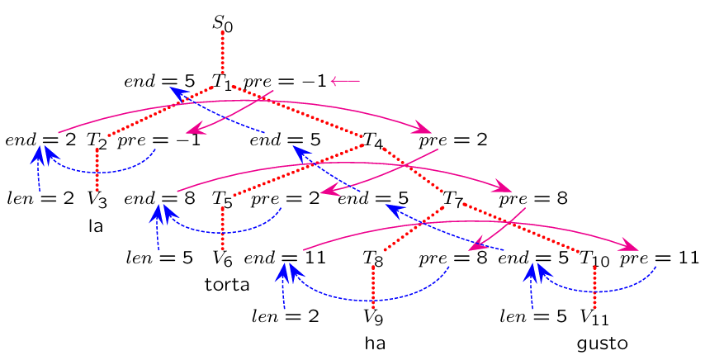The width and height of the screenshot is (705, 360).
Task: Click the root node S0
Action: (223, 24)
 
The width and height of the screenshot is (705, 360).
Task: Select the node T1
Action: (221, 82)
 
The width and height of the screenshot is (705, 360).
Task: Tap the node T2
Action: (97, 140)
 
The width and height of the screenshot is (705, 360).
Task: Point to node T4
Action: (373, 140)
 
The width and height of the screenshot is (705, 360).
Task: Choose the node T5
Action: (222, 199)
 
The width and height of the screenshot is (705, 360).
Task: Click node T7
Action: (452, 199)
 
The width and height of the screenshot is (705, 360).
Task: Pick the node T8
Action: (373, 258)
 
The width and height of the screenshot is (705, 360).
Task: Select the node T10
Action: (594, 258)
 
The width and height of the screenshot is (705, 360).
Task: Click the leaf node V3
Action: (97, 199)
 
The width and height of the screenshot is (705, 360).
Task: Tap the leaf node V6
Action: (222, 258)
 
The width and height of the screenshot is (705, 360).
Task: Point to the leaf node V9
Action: (373, 316)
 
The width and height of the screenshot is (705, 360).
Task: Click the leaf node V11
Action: (595, 316)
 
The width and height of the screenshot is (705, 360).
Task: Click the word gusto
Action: (603, 343)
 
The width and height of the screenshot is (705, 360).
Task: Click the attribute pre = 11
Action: (660, 258)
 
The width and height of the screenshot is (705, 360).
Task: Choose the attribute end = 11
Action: (285, 258)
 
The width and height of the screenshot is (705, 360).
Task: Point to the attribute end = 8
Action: (159, 199)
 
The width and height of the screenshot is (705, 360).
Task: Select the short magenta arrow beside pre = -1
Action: (345, 81)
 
